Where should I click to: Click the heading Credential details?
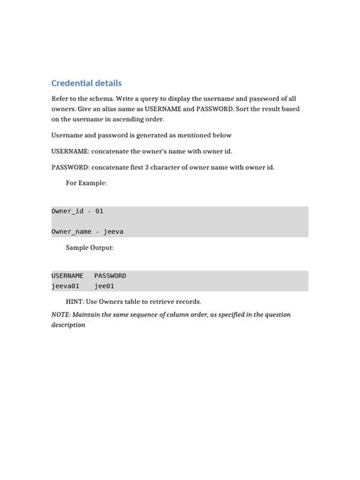pyautogui.click(x=86, y=83)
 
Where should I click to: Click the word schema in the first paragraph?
pyautogui.click(x=100, y=99)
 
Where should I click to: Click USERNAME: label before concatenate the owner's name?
pyautogui.click(x=70, y=151)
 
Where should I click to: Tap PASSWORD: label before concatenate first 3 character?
pyautogui.click(x=70, y=167)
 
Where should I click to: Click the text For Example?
pyautogui.click(x=87, y=183)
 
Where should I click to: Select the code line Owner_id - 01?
pyautogui.click(x=77, y=210)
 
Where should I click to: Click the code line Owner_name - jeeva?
pyautogui.click(x=87, y=231)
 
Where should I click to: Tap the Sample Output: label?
pyautogui.click(x=90, y=248)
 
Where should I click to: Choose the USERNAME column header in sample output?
pyautogui.click(x=68, y=276)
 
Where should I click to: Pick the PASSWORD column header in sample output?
pyautogui.click(x=110, y=276)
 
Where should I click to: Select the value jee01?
pyautogui.click(x=104, y=286)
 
